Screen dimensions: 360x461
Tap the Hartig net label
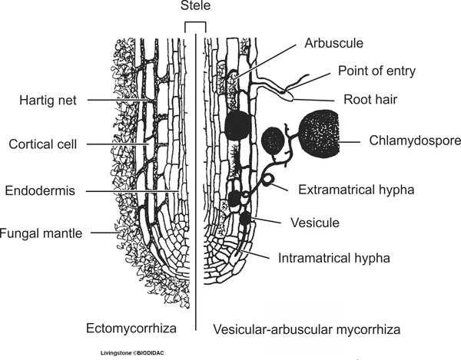[50, 100]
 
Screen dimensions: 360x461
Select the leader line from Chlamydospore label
[354, 140]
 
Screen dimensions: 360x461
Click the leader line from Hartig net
[115, 101]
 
